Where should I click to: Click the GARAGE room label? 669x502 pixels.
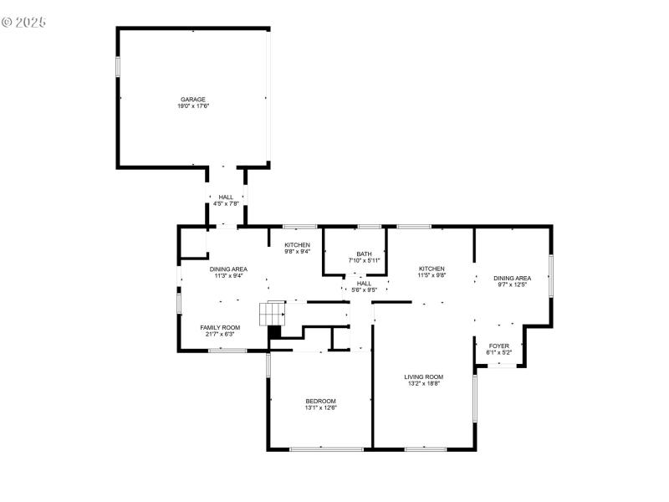point(193,99)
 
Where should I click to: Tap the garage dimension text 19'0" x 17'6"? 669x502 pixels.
point(193,106)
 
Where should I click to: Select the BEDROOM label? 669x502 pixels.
point(320,401)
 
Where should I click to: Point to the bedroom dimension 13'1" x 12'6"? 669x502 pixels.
point(320,408)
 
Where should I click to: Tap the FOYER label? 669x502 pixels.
point(499,346)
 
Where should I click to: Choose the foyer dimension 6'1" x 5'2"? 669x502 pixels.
point(499,353)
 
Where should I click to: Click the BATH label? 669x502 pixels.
point(364,254)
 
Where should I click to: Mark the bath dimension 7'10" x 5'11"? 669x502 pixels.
point(364,261)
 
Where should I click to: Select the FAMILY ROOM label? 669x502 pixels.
point(220,327)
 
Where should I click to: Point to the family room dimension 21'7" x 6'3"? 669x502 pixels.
point(220,335)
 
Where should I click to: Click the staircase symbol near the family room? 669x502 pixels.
point(273,315)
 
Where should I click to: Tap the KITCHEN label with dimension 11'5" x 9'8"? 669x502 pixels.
point(432,268)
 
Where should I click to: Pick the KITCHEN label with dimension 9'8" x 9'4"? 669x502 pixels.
point(298,244)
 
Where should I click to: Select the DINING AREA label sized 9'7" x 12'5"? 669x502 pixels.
point(512,278)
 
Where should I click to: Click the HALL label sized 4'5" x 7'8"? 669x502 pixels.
point(226,197)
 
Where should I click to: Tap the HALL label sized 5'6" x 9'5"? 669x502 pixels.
point(364,283)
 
